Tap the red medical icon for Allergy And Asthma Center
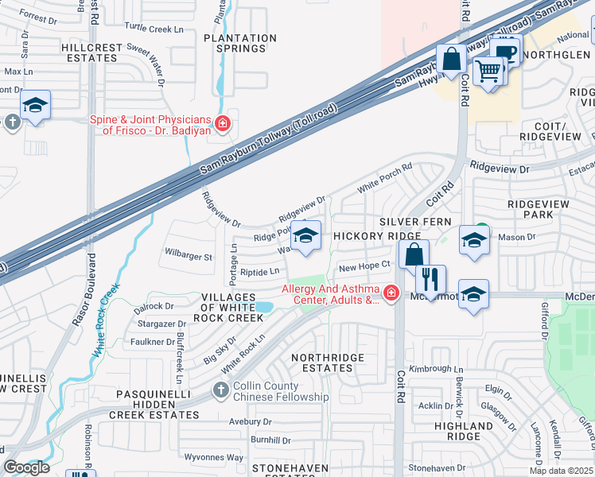(x=391, y=294)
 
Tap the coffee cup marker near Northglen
(x=504, y=52)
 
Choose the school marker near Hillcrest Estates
(x=35, y=106)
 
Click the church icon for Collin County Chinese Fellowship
(x=222, y=390)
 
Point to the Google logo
(x=25, y=467)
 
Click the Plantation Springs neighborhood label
(x=240, y=43)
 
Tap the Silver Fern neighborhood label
(x=415, y=221)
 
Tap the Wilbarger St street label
(x=189, y=257)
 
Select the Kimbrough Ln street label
(x=437, y=369)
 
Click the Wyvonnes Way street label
(x=213, y=457)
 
